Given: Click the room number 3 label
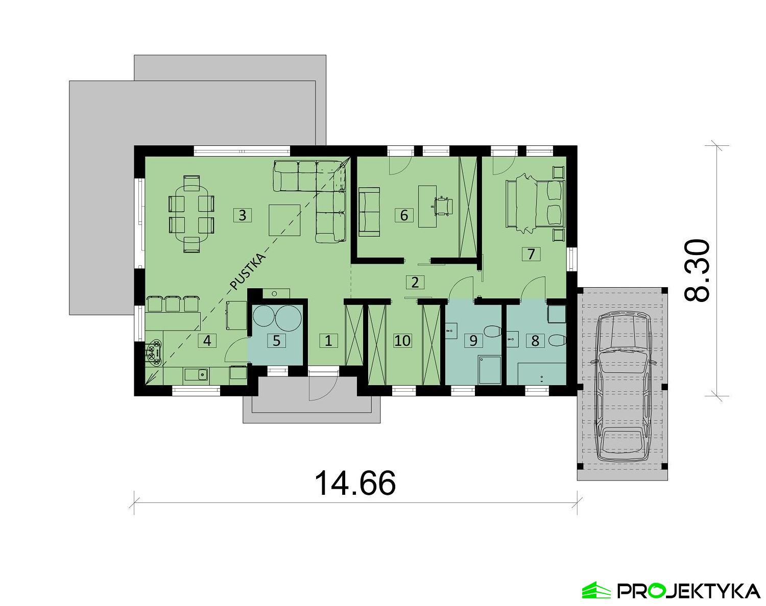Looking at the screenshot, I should (x=242, y=215).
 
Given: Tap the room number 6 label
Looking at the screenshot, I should (x=404, y=215).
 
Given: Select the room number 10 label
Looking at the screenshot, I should (x=402, y=340).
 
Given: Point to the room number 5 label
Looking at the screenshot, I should (x=276, y=340).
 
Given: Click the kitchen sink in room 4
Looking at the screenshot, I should (x=196, y=375).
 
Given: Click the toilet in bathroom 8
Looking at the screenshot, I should (x=556, y=340).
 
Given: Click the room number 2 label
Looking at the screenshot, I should (x=415, y=282).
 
